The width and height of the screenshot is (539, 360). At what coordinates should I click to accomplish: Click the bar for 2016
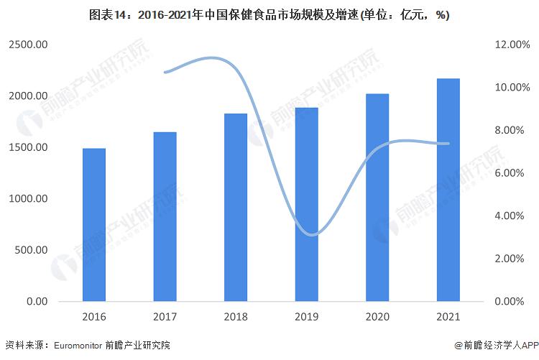pos(94,225)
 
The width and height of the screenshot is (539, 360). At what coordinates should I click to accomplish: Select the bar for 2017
pos(165,216)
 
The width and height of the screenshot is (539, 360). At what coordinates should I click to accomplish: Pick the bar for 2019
pos(306,205)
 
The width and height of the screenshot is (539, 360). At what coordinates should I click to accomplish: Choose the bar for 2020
pos(377,198)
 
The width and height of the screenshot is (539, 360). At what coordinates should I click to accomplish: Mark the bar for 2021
pos(448,190)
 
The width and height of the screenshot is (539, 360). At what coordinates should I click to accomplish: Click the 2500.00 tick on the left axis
pos(28,45)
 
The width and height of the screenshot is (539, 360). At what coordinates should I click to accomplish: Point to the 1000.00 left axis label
pos(28,199)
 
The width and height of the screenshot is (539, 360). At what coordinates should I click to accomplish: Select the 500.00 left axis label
pos(31,250)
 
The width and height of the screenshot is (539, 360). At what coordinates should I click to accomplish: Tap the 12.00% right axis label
pos(512,45)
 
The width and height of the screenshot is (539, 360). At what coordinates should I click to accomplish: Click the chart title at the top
pos(269,15)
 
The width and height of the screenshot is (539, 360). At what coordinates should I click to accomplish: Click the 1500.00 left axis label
pos(28,147)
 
